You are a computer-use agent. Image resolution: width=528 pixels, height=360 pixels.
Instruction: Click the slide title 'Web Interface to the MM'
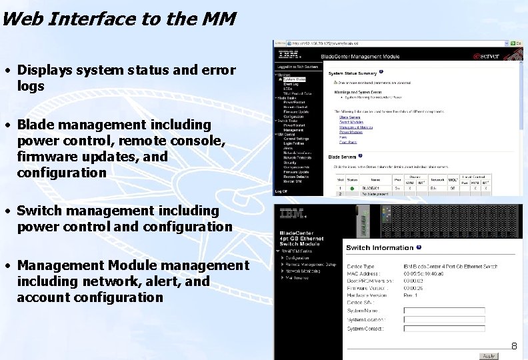coord(119,19)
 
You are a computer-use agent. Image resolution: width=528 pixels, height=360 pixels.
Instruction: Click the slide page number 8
coord(514,346)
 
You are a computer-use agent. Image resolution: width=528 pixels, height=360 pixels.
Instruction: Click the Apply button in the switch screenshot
coord(489,356)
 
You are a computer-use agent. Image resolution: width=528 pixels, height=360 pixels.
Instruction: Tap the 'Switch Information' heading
coord(379,248)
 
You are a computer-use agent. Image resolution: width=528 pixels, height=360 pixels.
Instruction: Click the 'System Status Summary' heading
coord(353,73)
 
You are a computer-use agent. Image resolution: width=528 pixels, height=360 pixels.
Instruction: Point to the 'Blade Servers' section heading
coord(343,157)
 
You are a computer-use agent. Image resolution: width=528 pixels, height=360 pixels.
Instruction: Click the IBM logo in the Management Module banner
coord(289,55)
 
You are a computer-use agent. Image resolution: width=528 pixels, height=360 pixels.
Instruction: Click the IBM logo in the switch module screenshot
coord(293,214)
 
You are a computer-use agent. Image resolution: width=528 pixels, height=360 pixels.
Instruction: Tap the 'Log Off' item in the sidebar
coord(282,191)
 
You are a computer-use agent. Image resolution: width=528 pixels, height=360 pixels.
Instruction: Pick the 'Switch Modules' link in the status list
coord(350,122)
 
